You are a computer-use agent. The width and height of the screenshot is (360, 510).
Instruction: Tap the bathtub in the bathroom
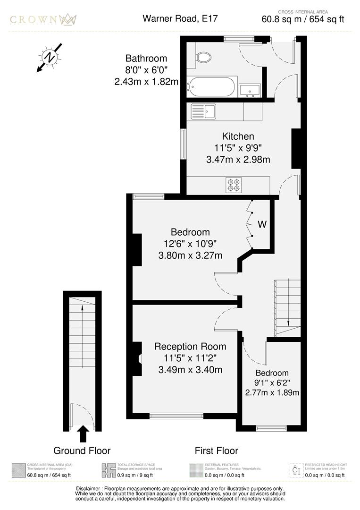210,87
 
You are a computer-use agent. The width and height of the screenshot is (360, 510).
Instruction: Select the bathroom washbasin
250,90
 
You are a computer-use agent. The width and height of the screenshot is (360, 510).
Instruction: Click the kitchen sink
203,111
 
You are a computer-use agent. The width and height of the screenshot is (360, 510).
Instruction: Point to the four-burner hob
234,185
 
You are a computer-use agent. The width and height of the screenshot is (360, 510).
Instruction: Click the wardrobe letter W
262,225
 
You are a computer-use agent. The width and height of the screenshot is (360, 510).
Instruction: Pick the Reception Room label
190,347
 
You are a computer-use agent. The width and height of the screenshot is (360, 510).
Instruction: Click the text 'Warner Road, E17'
181,19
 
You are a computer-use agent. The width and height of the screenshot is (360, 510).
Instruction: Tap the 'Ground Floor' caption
82,450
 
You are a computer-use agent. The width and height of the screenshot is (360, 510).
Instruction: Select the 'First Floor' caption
217,450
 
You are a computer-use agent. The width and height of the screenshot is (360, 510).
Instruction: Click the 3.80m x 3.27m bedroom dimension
190,255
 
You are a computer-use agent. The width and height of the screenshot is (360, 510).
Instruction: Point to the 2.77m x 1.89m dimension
272,392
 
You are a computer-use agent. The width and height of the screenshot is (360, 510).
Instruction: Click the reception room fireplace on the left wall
137,359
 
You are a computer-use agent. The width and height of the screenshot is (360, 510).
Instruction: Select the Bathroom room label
146,59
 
